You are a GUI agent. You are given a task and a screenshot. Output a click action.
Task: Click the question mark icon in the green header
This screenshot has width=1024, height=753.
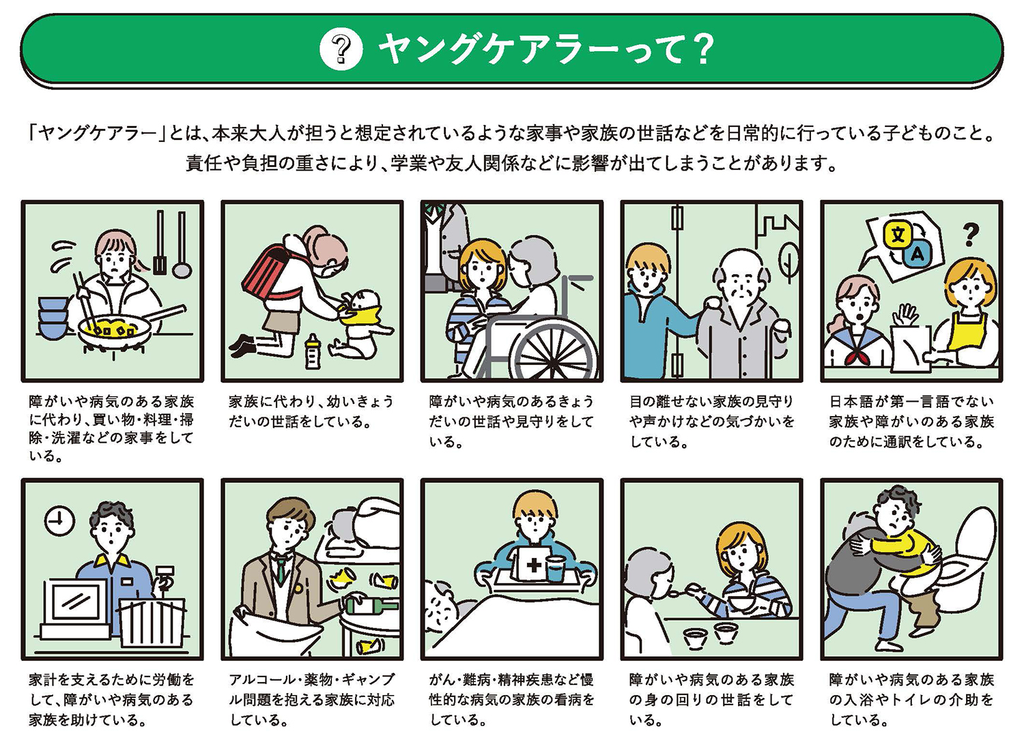341,49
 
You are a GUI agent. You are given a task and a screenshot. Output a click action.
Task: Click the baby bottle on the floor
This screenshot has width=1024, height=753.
313,351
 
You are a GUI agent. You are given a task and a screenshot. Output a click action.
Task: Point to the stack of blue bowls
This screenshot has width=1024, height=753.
53,316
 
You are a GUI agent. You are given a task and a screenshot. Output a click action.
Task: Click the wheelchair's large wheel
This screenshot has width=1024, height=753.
553,351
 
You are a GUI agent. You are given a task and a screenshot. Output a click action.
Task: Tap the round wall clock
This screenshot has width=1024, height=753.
60,521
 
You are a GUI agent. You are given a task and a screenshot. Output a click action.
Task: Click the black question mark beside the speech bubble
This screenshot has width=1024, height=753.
970,235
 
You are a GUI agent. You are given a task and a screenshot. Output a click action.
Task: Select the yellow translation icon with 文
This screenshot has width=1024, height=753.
898,235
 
